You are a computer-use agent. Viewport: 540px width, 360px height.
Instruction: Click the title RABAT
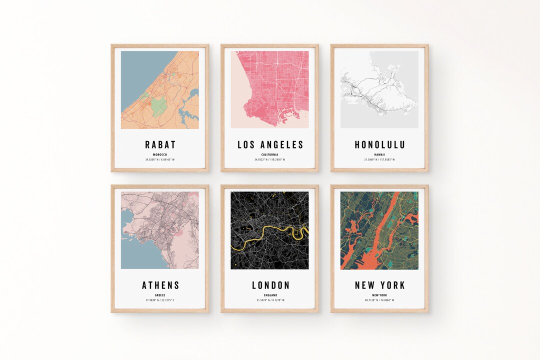[x=160, y=145]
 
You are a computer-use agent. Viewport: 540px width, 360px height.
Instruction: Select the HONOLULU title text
[x=379, y=145]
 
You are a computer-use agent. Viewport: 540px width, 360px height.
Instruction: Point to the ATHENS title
[x=160, y=285]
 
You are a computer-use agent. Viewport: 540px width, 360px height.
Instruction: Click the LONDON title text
[x=270, y=285]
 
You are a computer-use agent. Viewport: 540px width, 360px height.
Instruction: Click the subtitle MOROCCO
[x=160, y=154]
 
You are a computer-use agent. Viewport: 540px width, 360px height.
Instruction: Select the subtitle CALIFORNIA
[x=270, y=154]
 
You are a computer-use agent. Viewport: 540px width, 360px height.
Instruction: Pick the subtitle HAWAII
[x=379, y=154]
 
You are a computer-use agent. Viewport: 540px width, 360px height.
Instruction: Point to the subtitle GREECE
[x=160, y=295]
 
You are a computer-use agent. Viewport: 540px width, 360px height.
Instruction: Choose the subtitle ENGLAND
[x=270, y=295]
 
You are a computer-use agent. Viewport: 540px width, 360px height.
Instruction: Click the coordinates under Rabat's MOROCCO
[x=160, y=159]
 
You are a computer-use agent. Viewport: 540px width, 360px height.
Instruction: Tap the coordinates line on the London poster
[x=270, y=300]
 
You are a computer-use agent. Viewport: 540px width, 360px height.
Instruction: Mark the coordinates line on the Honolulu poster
[x=379, y=159]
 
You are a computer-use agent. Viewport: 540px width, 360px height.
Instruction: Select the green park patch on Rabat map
[x=159, y=106]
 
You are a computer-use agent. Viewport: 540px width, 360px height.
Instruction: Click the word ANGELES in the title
[x=283, y=145]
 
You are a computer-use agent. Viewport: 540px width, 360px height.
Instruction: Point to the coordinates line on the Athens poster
[x=160, y=300]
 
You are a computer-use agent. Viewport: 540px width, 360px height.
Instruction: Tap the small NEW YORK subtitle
[x=379, y=295]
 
